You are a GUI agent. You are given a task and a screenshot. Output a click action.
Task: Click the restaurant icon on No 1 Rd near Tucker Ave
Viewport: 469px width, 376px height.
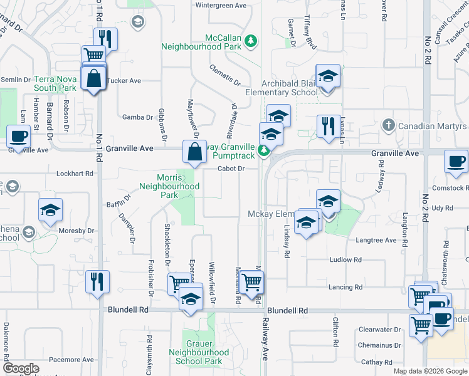[106, 39]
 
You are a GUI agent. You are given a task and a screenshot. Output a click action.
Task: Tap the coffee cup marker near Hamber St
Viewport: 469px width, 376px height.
[18, 136]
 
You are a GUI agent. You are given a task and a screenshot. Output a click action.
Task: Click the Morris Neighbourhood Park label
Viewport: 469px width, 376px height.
[169, 186]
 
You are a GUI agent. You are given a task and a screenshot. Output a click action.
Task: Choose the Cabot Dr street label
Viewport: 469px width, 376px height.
[231, 169]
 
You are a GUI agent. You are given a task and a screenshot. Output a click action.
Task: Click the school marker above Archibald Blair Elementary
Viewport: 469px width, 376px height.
[327, 76]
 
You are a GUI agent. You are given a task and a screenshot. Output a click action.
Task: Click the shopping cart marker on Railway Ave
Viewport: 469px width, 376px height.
[251, 283]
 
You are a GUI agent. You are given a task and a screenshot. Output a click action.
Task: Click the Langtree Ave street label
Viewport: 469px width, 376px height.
[376, 240]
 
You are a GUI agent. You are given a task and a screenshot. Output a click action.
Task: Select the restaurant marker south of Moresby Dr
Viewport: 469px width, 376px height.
[97, 281]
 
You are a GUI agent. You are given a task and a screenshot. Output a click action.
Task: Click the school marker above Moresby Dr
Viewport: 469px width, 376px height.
[51, 211]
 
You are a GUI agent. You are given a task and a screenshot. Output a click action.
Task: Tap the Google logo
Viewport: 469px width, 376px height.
[21, 369]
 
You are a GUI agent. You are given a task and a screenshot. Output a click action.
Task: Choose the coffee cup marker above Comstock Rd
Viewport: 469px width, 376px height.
[456, 161]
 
